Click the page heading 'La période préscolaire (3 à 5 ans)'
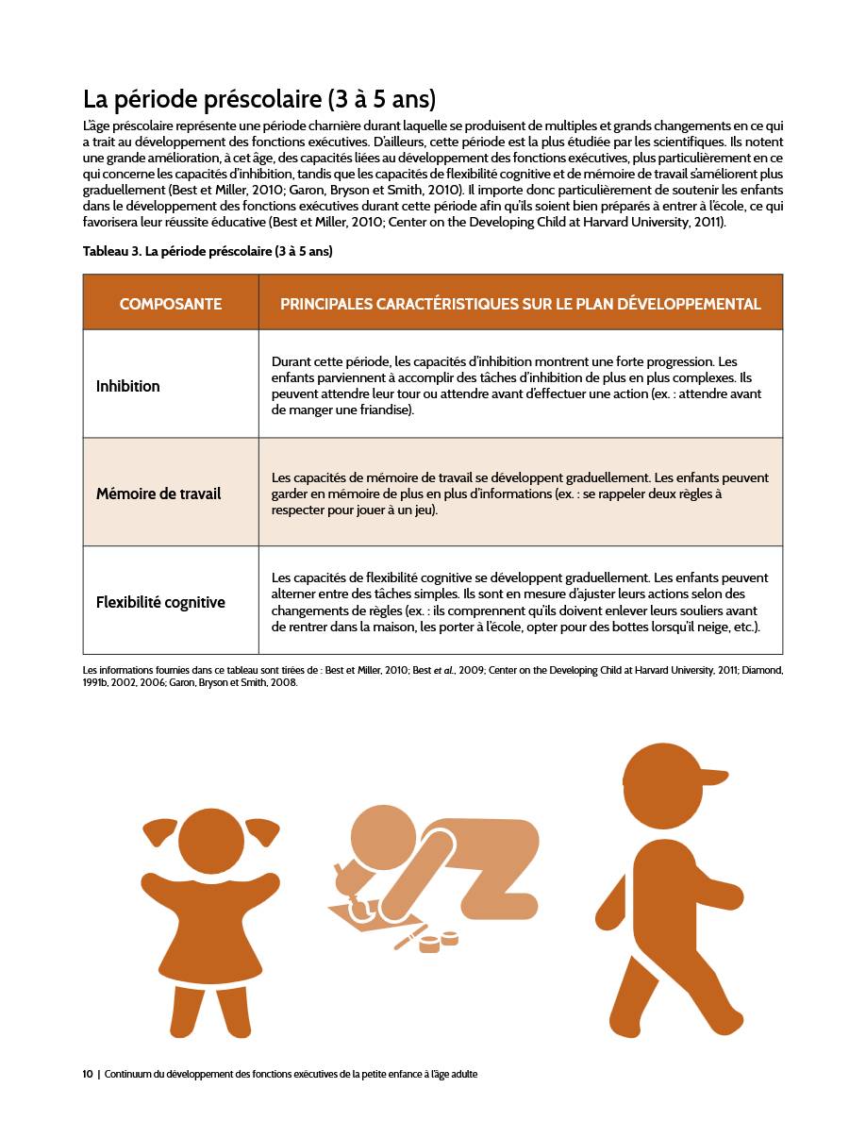pyautogui.click(x=259, y=99)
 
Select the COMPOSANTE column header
pyautogui.click(x=171, y=304)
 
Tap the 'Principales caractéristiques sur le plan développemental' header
pyautogui.click(x=520, y=304)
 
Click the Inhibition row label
pyautogui.click(x=128, y=386)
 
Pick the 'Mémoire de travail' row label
pyautogui.click(x=158, y=494)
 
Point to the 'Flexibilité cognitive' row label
pyautogui.click(x=160, y=602)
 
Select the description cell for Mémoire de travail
pyautogui.click(x=519, y=494)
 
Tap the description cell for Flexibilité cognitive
pyautogui.click(x=519, y=602)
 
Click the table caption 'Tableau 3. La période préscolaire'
pyautogui.click(x=208, y=251)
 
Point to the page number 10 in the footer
pyautogui.click(x=88, y=1074)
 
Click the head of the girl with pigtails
pyautogui.click(x=211, y=840)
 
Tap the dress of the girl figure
pyautogui.click(x=211, y=934)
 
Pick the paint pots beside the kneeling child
pyautogui.click(x=439, y=942)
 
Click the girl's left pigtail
pyautogui.click(x=158, y=830)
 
